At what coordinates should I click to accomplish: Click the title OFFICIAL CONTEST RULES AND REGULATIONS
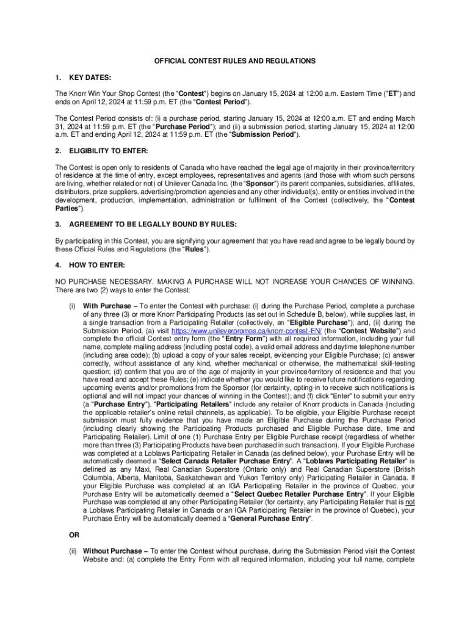click(x=235, y=61)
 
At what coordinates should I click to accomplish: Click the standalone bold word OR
click(x=74, y=535)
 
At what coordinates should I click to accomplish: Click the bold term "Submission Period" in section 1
click(x=267, y=134)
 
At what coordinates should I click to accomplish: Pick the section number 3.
click(x=58, y=225)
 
